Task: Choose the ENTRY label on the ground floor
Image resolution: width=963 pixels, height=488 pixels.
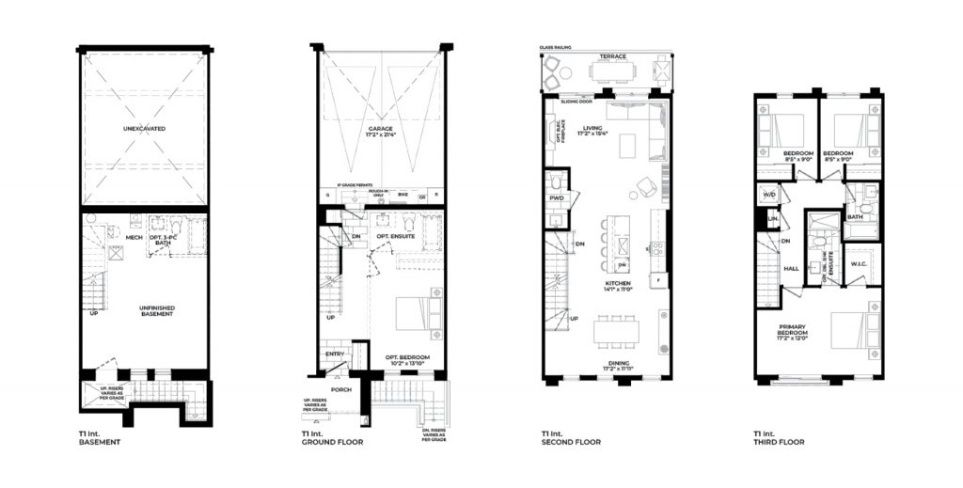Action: pos(334,354)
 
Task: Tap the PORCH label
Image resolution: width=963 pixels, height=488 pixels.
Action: pos(340,387)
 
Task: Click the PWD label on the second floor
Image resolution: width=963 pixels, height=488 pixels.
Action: pos(556,199)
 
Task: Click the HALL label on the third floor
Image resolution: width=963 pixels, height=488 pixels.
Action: pos(792,268)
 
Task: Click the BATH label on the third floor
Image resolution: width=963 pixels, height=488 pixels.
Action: pos(855,217)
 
